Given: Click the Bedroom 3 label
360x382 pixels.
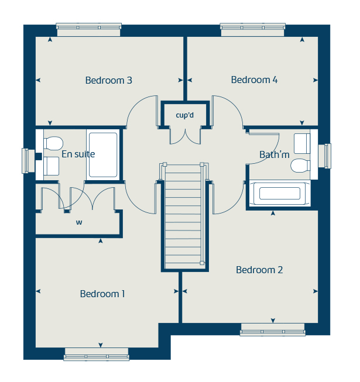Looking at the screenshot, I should [108, 80].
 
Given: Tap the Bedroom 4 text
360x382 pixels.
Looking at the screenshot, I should [254, 80].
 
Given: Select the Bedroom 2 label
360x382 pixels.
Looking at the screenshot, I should [259, 270].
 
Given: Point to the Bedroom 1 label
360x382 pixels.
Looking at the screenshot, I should [102, 294].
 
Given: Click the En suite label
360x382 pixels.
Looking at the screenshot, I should [78, 154].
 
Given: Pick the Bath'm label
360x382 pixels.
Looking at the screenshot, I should [275, 154].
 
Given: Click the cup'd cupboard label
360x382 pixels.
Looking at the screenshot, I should [184, 115].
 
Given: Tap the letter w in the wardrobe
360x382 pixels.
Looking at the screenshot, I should [78, 222].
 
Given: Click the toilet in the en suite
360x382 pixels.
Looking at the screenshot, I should [52, 143].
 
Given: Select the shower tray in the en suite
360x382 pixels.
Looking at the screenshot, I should [102, 155].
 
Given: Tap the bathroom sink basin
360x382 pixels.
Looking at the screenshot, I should [302, 142].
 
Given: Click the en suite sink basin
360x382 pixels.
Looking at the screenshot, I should [51, 167].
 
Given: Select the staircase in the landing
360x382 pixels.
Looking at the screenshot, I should [184, 216].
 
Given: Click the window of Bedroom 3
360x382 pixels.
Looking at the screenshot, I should [88, 26].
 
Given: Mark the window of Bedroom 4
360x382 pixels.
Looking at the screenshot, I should [252, 26].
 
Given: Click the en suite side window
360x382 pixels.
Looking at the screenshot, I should [26, 161].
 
